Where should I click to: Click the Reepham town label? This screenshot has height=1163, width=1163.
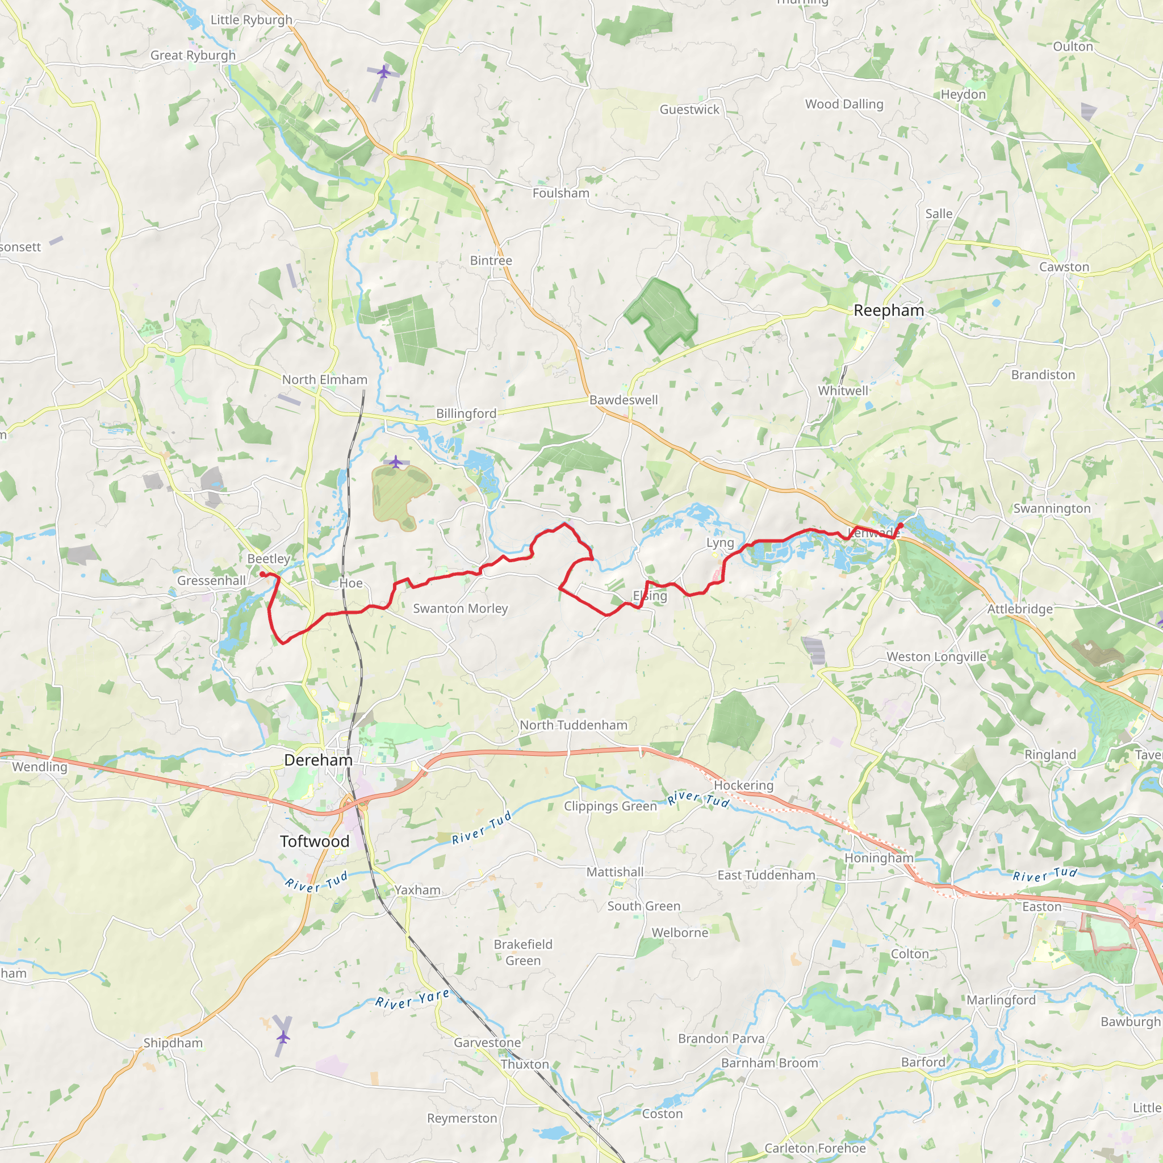(889, 311)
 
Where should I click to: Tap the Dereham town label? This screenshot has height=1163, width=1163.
(319, 760)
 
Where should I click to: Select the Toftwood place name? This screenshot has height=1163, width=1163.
(314, 842)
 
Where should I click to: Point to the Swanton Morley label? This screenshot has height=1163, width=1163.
(461, 609)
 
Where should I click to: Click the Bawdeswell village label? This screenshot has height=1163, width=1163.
(624, 400)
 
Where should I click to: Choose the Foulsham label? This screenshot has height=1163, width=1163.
(560, 193)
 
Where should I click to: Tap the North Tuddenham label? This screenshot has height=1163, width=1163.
(574, 725)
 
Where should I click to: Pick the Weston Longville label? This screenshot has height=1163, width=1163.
(936, 657)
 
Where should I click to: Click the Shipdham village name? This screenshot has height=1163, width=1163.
(173, 1043)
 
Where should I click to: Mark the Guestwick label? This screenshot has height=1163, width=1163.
(689, 110)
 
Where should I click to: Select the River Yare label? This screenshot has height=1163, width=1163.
(412, 1000)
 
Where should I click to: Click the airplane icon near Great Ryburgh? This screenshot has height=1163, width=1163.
(383, 72)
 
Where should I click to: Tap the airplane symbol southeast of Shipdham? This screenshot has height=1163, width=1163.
(283, 1036)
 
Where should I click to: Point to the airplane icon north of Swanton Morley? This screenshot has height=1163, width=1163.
(395, 462)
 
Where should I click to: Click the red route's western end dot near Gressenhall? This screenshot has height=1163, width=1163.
(263, 574)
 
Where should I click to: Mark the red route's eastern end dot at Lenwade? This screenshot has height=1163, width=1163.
(901, 526)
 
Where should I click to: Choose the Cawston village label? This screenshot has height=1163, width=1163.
(1064, 267)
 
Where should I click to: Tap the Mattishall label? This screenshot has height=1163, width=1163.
(614, 872)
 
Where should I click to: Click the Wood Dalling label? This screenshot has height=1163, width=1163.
(844, 104)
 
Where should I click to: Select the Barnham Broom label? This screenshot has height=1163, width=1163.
(769, 1063)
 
